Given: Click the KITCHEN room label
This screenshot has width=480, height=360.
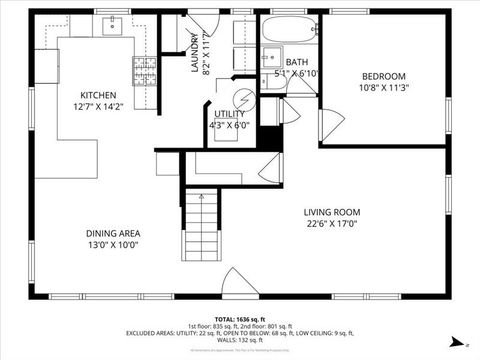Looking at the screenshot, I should (x=98, y=96).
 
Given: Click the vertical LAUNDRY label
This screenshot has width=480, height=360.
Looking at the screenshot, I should (x=196, y=55).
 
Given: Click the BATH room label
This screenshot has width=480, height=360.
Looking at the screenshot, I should (x=269, y=62).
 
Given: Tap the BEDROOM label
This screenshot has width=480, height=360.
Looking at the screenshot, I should (x=383, y=76).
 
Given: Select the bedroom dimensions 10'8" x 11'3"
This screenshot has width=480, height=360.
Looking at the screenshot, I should (x=383, y=87).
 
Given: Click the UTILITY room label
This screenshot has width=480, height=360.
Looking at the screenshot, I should (x=228, y=115).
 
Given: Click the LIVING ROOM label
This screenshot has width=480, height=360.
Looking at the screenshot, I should (x=332, y=211).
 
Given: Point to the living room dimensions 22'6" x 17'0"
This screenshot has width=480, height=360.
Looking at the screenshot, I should (x=332, y=223).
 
